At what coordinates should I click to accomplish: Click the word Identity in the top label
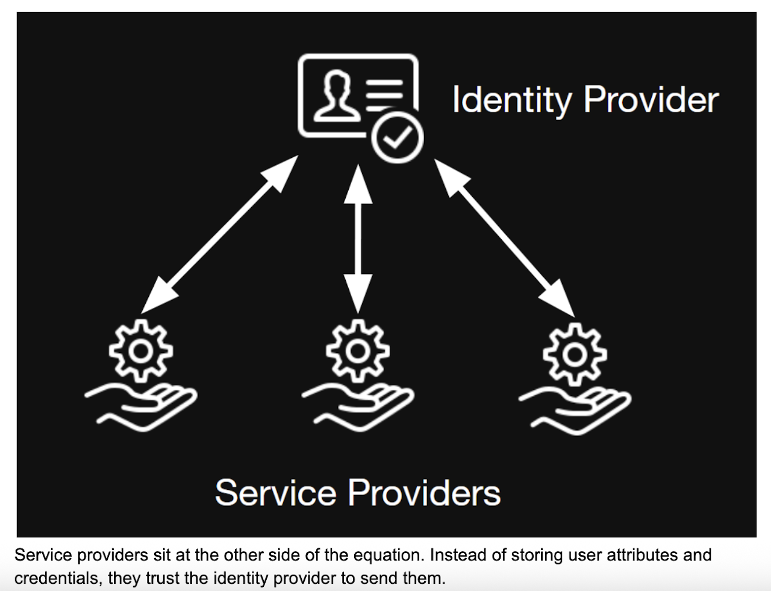[x=511, y=100]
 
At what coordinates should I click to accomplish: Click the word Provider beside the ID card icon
[x=651, y=100]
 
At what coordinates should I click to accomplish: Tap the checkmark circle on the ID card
[x=397, y=138]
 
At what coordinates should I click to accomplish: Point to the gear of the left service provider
[x=141, y=351]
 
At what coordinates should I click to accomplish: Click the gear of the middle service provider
[x=358, y=351]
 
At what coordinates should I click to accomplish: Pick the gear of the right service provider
[x=575, y=354]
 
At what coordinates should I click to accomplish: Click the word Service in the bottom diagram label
[x=275, y=492]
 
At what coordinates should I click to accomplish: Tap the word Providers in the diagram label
[x=424, y=492]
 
